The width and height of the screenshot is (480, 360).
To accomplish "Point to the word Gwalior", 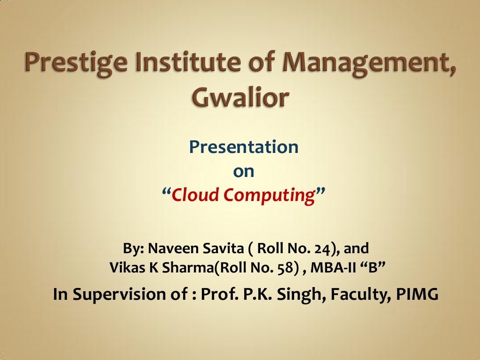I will click(240, 97).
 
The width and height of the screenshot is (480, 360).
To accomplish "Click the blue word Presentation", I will click(244, 147).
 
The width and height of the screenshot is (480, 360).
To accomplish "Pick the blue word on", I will click(244, 171).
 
